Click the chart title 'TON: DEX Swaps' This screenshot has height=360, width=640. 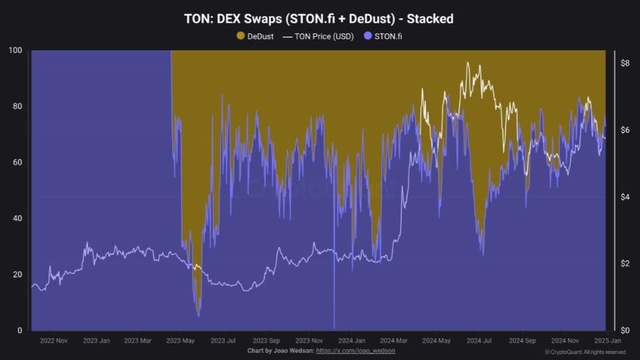(x=319, y=19)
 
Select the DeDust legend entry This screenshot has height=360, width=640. (x=256, y=36)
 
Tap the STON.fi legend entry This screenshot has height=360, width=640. (x=388, y=36)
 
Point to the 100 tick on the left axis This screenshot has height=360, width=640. (x=16, y=51)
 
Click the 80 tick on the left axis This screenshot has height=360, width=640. (x=18, y=107)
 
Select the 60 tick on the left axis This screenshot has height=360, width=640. (x=18, y=162)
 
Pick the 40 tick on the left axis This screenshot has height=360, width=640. (x=18, y=218)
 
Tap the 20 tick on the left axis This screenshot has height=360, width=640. (x=18, y=274)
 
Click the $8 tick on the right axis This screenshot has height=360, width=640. (x=625, y=63)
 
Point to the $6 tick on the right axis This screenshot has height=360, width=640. (x=625, y=130)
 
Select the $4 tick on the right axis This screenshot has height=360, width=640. (x=625, y=197)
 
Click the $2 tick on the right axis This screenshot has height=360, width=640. (x=625, y=264)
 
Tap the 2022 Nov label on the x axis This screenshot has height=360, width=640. (x=54, y=341)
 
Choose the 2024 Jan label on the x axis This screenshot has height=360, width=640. (x=351, y=341)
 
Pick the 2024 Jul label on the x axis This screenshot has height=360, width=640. (x=480, y=341)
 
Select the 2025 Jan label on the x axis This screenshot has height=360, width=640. (x=606, y=341)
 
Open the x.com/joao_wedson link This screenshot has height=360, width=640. (x=356, y=350)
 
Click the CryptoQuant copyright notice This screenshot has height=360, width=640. (x=585, y=352)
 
